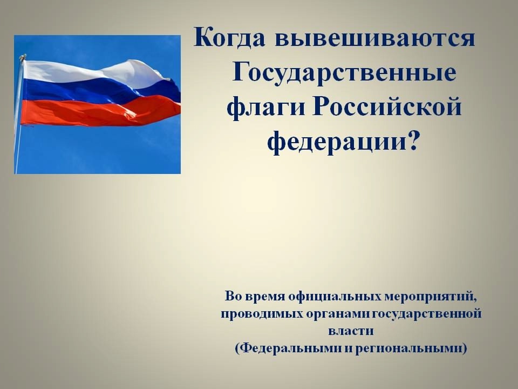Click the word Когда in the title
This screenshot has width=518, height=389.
[229, 37]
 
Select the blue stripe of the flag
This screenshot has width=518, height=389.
[99, 91]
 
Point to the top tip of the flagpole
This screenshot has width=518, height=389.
[23, 55]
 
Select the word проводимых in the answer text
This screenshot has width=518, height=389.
[262, 314]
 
